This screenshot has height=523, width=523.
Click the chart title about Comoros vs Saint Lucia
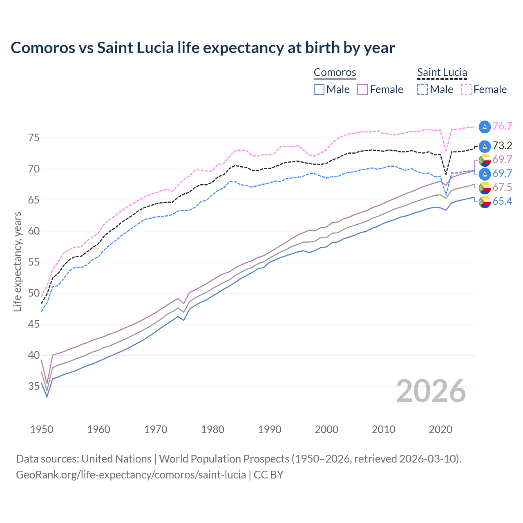[x=203, y=48]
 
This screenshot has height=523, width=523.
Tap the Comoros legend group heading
[x=335, y=73]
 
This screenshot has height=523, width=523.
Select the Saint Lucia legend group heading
[x=442, y=73]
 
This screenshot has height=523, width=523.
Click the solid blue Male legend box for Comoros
[x=319, y=89]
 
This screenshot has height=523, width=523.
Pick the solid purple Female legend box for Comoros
[x=363, y=89]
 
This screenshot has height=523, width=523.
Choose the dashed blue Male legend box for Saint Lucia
[x=422, y=89]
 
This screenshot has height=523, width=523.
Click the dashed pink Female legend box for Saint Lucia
[x=466, y=89]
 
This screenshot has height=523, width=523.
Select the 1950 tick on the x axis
[x=42, y=429]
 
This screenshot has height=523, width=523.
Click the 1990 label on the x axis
[x=270, y=429]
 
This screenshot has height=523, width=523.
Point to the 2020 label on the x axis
[x=440, y=429]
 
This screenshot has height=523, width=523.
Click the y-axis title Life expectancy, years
[x=18, y=261]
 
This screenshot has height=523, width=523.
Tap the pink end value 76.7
[x=502, y=126]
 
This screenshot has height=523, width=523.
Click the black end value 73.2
[x=502, y=146]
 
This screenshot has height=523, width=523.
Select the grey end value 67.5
[x=502, y=188]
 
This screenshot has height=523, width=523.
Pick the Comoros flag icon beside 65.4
[x=485, y=201]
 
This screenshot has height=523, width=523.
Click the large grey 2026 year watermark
[x=431, y=391]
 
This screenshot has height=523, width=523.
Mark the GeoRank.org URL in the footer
[x=131, y=475]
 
